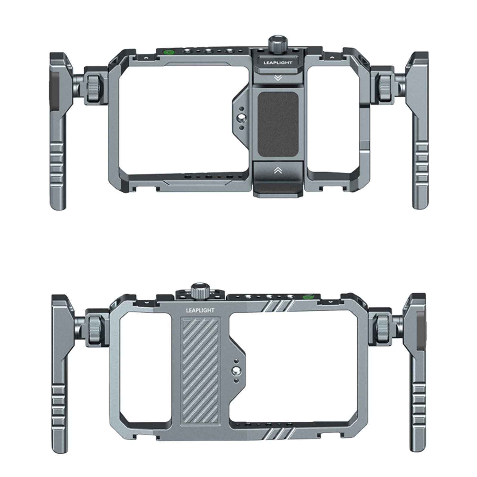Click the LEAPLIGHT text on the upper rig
(278, 63)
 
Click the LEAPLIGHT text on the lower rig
(200, 310)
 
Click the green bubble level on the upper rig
(169, 52)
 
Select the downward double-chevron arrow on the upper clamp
(278, 78)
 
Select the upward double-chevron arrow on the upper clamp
(278, 170)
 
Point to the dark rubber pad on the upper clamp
(278, 124)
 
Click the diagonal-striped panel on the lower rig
(201, 370)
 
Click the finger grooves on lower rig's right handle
(419, 402)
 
